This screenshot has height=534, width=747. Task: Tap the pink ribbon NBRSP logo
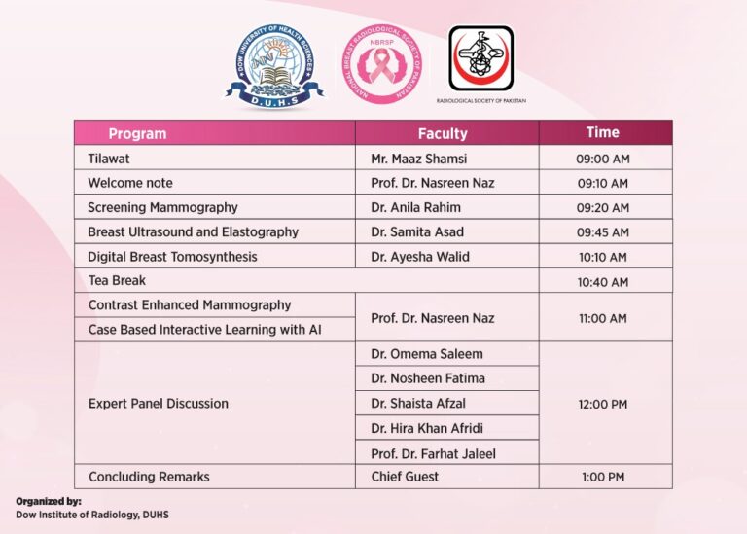(x=382, y=65)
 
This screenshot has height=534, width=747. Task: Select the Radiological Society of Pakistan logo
(x=480, y=59)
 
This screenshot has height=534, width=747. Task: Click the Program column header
(x=137, y=133)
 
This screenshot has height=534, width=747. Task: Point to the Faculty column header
(x=443, y=133)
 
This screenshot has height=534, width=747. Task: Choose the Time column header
(x=602, y=132)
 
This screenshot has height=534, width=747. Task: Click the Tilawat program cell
(x=109, y=159)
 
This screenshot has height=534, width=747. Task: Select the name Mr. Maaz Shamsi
(x=419, y=159)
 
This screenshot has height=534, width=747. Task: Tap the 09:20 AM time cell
(x=602, y=208)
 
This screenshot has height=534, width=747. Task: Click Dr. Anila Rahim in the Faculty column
(x=415, y=208)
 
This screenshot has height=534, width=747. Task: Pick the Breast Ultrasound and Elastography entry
(x=193, y=232)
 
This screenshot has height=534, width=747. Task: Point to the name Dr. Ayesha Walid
(x=420, y=257)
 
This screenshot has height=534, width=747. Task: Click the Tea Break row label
(x=117, y=281)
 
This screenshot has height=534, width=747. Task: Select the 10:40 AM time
(x=602, y=282)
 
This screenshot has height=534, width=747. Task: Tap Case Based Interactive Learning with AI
(x=204, y=330)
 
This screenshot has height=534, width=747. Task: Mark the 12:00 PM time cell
(x=602, y=404)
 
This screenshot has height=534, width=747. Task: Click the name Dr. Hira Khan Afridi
(x=427, y=428)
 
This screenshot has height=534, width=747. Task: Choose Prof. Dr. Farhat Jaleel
(x=434, y=453)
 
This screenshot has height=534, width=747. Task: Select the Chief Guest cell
(x=405, y=477)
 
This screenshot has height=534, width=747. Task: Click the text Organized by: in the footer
(x=49, y=501)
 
